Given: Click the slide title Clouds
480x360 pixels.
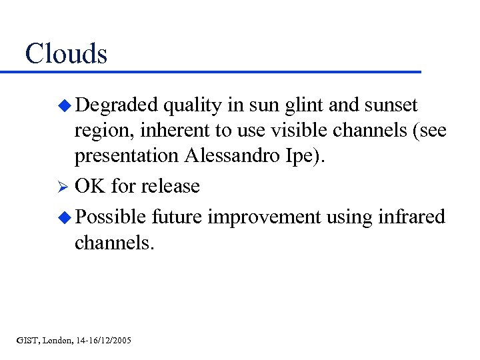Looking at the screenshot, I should pyautogui.click(x=66, y=53).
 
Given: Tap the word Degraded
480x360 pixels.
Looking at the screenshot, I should pyautogui.click(x=117, y=105).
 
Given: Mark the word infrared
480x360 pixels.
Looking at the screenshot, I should pyautogui.click(x=412, y=217).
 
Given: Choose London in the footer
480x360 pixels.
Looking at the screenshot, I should pyautogui.click(x=58, y=341).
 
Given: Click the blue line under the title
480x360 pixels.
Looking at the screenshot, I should pyautogui.click(x=213, y=71).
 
